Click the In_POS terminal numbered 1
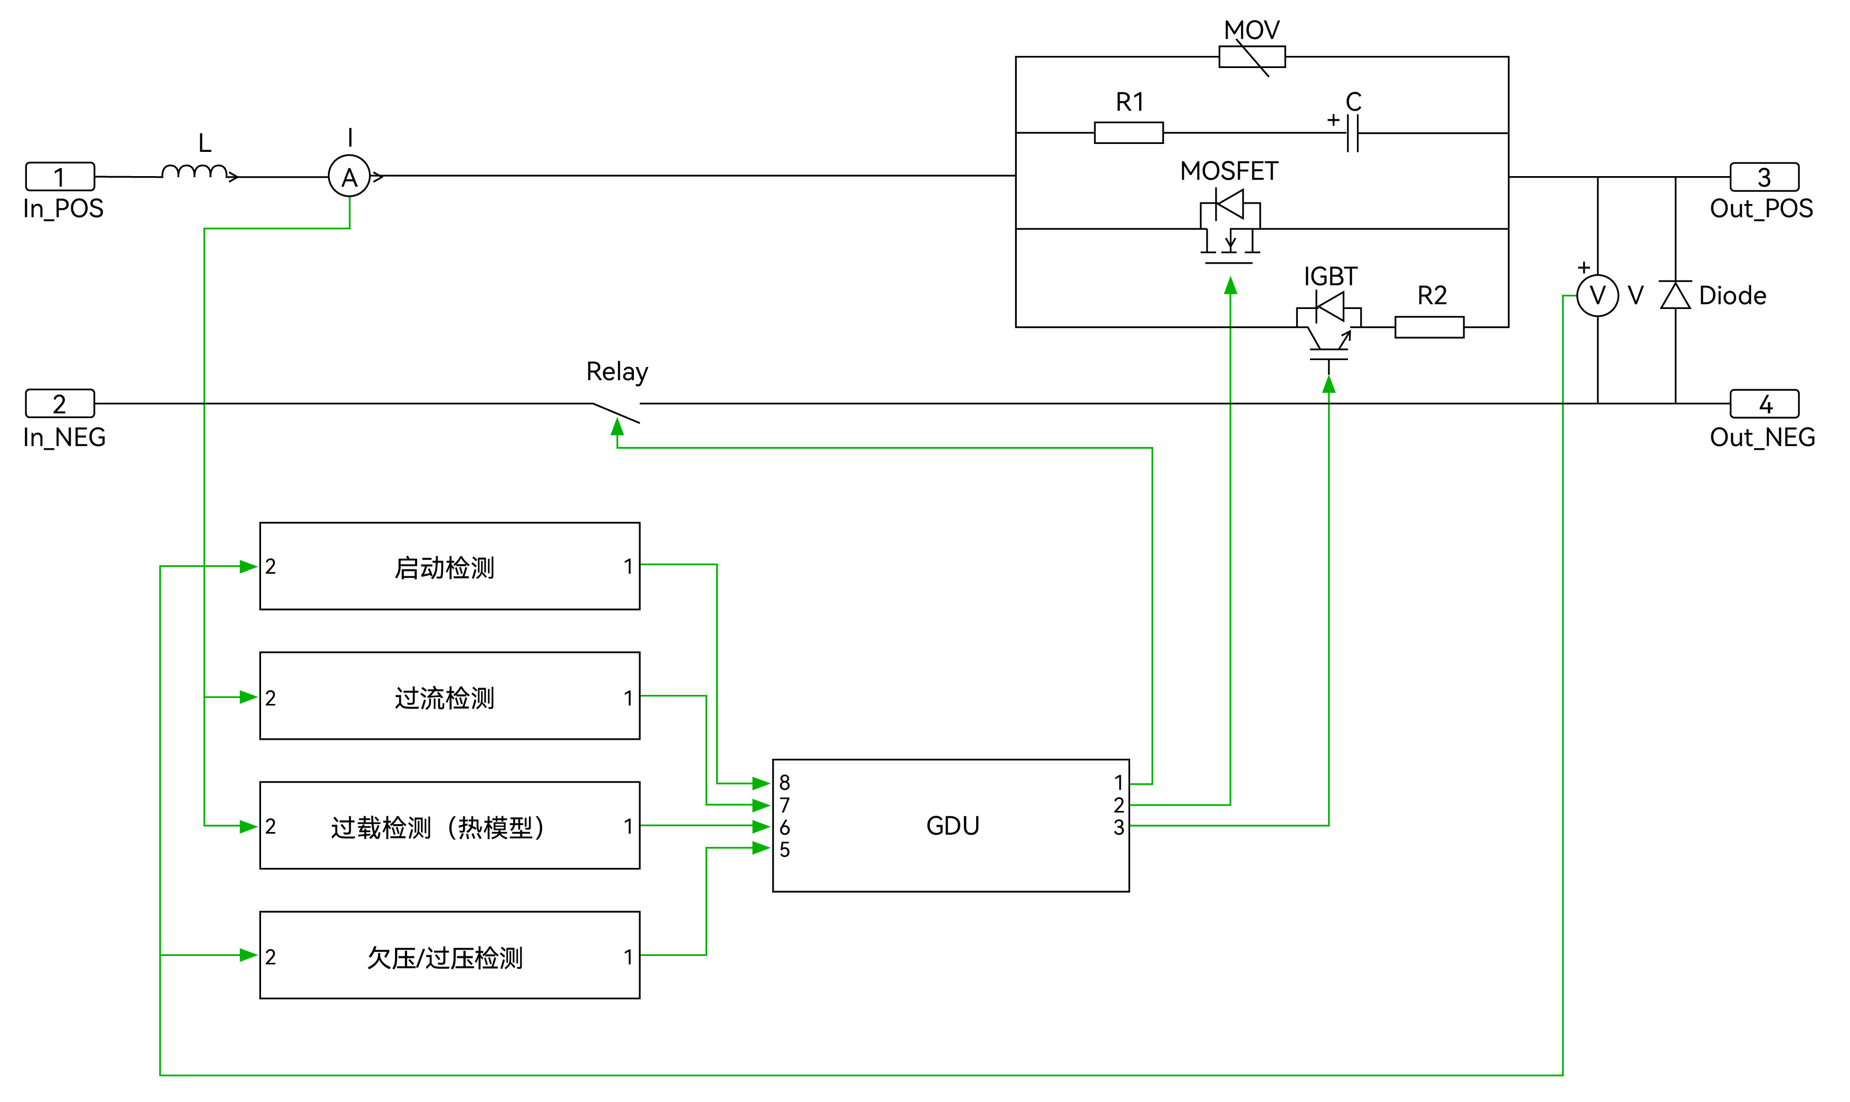point(60,177)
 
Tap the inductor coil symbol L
point(195,172)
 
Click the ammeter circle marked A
point(349,177)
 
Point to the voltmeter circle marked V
point(1597,296)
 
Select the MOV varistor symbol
point(1251,57)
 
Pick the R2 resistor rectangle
point(1429,327)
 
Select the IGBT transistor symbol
point(1328,327)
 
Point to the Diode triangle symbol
point(1675,296)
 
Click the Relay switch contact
point(616,412)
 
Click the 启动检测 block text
point(444,568)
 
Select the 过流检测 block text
point(444,698)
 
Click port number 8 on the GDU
point(784,782)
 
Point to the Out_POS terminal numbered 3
point(1764,177)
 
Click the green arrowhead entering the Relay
point(617,427)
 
